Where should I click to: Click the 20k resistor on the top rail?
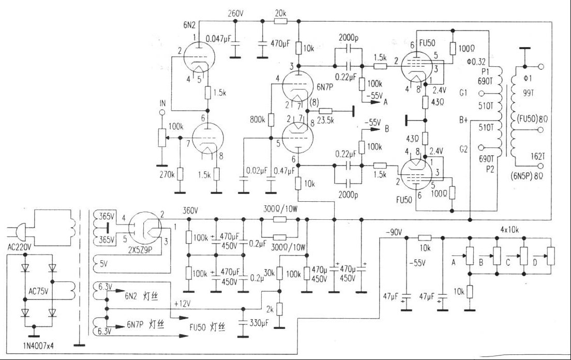point(280,21)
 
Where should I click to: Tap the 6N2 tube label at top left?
point(190,24)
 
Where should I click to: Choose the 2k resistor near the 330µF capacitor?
point(279,309)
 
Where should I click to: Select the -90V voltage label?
point(395,233)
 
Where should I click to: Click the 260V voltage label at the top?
point(236,13)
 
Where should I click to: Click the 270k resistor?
point(180,174)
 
